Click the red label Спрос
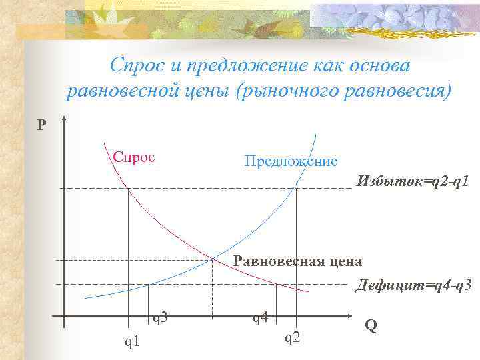tap(133, 157)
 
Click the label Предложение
tap(291, 161)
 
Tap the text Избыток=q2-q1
tap(417, 181)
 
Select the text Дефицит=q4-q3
tap(413, 285)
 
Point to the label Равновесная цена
tap(298, 261)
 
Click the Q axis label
tap(371, 325)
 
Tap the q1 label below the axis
tap(133, 341)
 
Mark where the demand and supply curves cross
tap(213, 258)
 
